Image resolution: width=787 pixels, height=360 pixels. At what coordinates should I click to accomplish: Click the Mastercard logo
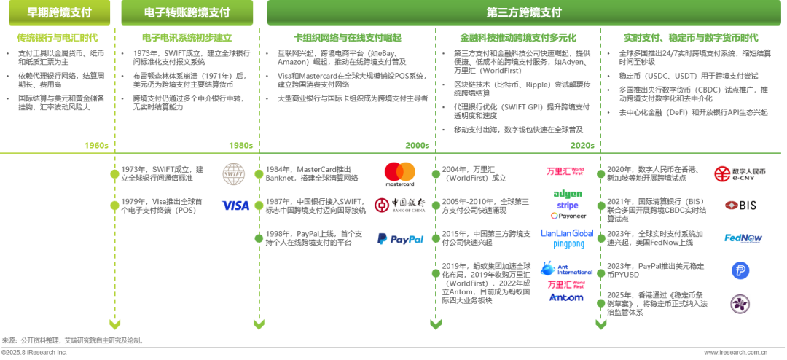399,174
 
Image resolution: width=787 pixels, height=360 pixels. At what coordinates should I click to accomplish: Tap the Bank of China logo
399,206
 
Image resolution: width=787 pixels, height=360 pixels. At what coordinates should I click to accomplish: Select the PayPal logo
400,238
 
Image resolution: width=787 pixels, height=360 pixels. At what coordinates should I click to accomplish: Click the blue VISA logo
235,206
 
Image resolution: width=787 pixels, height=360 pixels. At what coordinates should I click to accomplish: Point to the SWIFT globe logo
235,173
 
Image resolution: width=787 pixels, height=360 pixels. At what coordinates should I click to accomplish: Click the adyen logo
568,194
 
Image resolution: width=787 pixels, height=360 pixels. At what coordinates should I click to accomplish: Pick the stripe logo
568,206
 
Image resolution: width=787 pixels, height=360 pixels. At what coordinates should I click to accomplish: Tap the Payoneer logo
568,216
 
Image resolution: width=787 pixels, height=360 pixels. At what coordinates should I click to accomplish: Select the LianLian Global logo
567,233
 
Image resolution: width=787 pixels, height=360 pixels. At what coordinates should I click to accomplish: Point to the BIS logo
740,206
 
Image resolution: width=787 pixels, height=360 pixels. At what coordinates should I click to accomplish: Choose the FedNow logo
743,238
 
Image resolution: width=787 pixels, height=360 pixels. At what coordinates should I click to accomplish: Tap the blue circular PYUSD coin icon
740,270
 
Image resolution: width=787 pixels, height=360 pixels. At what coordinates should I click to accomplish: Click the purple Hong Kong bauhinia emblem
740,304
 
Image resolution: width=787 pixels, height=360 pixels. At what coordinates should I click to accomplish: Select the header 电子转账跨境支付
187,13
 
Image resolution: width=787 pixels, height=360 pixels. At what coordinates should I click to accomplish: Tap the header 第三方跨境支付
523,13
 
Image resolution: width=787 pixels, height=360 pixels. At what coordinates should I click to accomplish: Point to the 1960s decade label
95,145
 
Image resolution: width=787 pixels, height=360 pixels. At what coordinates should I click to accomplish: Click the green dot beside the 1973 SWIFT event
114,173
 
